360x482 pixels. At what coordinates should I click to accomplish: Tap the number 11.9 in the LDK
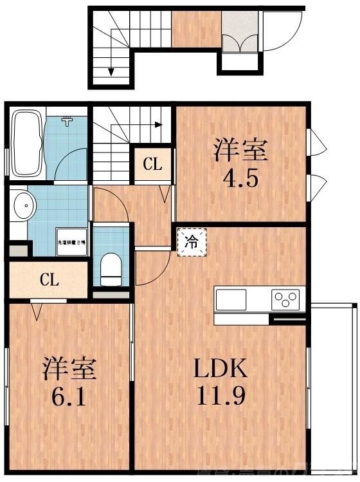tap(221, 394)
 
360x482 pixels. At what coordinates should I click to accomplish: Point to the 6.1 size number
tap(69, 393)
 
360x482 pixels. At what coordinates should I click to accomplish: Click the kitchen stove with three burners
tap(286, 299)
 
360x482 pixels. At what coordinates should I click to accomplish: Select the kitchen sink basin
tap(230, 299)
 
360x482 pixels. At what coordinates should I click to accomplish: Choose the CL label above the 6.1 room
tap(49, 280)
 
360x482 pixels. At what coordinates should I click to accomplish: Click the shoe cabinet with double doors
tap(240, 42)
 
